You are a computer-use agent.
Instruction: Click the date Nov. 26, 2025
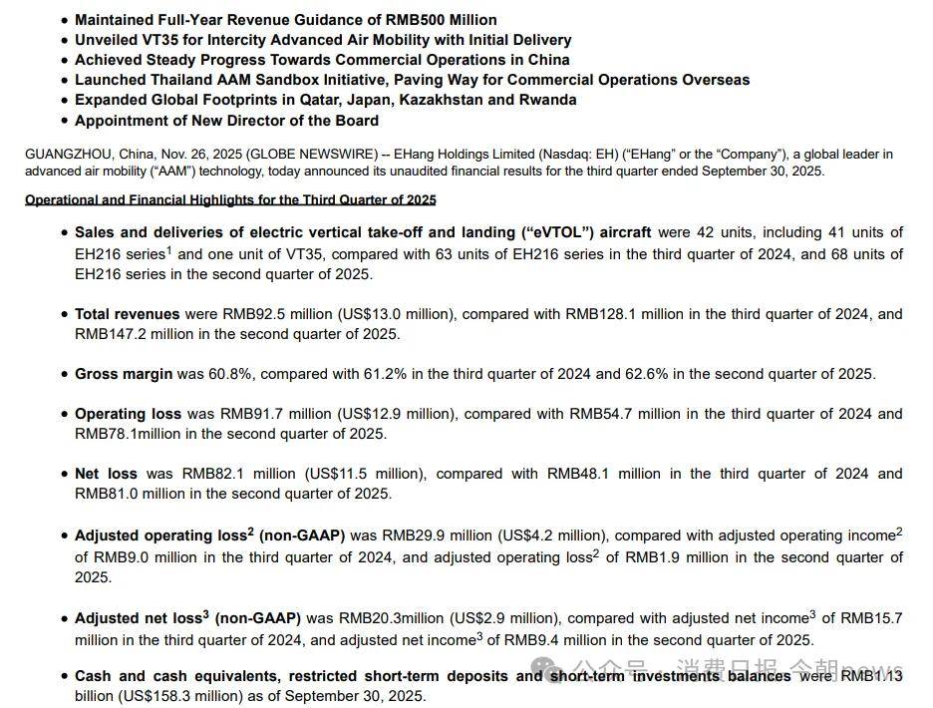point(214,155)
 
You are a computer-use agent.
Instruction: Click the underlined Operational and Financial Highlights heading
point(230,200)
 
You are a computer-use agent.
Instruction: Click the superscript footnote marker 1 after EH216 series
point(169,250)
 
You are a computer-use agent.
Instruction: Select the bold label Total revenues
point(128,314)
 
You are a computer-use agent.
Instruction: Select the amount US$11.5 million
point(360,474)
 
